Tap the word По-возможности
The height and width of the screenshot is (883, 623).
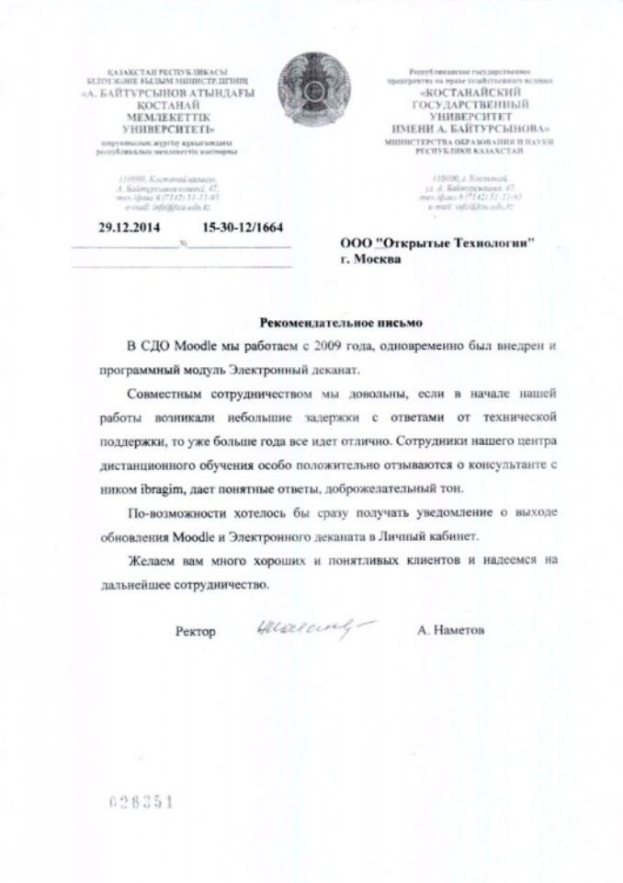pos(171,512)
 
